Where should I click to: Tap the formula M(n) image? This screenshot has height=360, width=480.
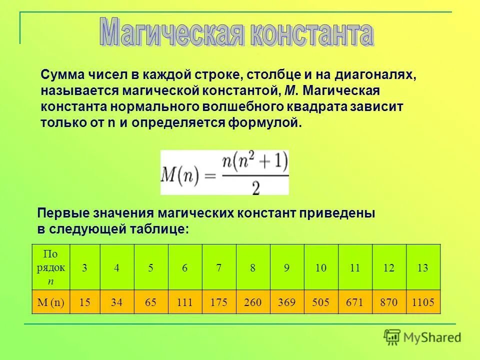click(224, 172)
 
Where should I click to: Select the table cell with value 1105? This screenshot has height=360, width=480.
click(423, 302)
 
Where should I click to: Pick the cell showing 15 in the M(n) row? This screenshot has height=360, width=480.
click(84, 302)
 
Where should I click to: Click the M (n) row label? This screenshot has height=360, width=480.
click(51, 302)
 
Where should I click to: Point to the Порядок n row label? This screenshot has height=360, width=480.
click(51, 267)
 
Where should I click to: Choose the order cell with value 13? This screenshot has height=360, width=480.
click(423, 267)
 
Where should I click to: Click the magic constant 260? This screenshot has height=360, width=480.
click(253, 302)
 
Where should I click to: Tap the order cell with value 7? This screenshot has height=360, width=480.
click(219, 267)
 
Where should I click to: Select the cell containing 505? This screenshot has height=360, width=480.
click(321, 302)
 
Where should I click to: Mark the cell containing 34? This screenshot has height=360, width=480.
click(116, 302)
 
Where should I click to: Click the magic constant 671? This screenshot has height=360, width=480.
click(355, 302)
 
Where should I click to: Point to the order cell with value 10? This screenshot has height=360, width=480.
click(321, 267)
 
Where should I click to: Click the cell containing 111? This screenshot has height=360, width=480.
click(185, 302)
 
